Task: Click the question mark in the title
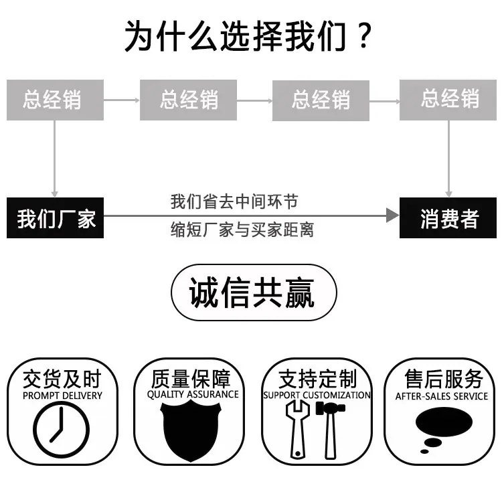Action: [x=363, y=35]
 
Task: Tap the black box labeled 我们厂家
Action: [x=55, y=218]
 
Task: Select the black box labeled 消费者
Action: [x=448, y=218]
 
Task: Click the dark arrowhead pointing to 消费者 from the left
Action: [x=392, y=215]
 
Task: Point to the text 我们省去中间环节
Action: [x=234, y=201]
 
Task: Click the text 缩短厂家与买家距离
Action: [x=242, y=230]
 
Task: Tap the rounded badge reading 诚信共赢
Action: [x=254, y=292]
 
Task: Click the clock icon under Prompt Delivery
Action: [x=61, y=429]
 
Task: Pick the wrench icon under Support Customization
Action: [x=298, y=430]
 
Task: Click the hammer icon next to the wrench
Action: [x=331, y=430]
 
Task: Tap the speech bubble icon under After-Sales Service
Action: [x=443, y=430]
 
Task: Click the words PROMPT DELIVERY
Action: [x=62, y=396]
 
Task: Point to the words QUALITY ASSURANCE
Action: [x=193, y=394]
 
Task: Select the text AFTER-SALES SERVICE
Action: [x=442, y=396]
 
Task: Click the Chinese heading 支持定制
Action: [x=317, y=379]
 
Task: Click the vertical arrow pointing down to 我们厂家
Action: [x=54, y=159]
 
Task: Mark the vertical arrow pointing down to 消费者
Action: [x=448, y=159]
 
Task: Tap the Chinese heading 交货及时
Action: [x=62, y=379]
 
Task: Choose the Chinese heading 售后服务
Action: [x=444, y=379]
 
